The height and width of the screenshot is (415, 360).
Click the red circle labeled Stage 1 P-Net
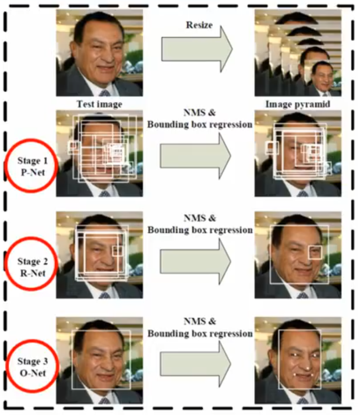[8, 165]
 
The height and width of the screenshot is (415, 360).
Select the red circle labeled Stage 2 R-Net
[8, 264]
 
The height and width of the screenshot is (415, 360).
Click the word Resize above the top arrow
[199, 25]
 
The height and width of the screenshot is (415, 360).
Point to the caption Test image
[99, 104]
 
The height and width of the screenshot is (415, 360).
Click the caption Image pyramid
[298, 104]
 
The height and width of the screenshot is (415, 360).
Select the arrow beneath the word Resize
[197, 49]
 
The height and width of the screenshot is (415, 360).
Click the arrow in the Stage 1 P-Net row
[196, 156]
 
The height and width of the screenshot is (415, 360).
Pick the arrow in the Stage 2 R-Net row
[196, 261]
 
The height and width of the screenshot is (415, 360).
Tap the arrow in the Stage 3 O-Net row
[196, 364]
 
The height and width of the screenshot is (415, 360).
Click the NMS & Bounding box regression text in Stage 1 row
[200, 118]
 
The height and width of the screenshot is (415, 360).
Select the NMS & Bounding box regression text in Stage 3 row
[200, 327]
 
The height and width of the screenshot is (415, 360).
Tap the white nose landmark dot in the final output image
[308, 368]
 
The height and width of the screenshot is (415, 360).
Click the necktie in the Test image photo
[105, 93]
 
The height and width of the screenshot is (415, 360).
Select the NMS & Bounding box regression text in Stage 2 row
[200, 224]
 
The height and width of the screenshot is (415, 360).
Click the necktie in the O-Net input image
[105, 400]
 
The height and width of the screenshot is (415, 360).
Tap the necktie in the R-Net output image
[303, 295]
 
